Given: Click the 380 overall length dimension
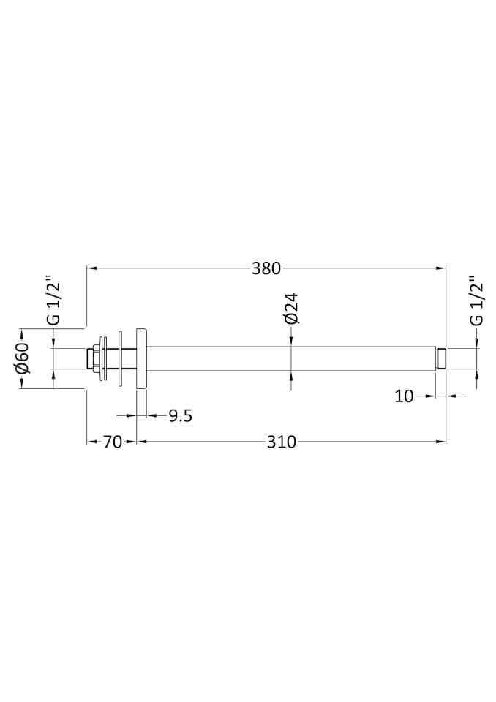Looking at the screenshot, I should pos(266,268).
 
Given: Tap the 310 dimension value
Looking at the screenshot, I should pos(281,442).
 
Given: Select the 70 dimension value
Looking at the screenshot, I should pos(112,442).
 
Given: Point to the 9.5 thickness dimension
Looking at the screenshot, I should pos(180,416).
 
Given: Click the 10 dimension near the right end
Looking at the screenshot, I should pos(405,396).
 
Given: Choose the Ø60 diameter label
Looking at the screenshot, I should pos(23,358).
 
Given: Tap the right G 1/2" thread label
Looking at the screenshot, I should pos(476,301).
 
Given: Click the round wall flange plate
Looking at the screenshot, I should pos(142,358).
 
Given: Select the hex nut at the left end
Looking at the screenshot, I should pos(93,358).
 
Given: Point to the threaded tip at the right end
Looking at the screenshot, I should pos(442,358).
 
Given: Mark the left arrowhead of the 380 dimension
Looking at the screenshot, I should pos(91,268).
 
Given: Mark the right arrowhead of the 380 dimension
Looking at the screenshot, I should pos(442,268).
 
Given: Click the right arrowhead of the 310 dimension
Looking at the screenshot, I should pos(442,442).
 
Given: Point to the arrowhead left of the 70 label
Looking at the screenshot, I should pos(91,442).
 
